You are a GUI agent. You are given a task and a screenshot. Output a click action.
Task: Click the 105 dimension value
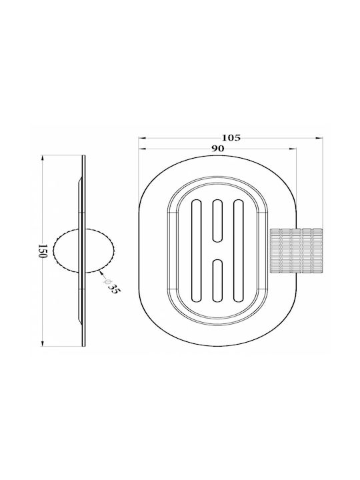pyautogui.click(x=231, y=138)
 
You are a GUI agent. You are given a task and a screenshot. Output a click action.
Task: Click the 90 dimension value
pyautogui.click(x=217, y=149)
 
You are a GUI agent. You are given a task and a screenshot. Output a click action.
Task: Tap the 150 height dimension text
pyautogui.click(x=43, y=251)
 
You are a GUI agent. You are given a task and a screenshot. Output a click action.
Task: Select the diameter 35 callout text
pyautogui.click(x=111, y=285)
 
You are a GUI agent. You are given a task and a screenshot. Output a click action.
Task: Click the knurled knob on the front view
pyautogui.click(x=296, y=251)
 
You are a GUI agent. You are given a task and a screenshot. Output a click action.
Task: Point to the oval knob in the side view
pyautogui.click(x=83, y=251)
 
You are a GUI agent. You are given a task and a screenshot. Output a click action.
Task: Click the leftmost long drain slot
pyautogui.click(x=197, y=251)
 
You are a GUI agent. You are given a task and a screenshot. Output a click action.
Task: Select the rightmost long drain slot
pyautogui.click(x=238, y=251)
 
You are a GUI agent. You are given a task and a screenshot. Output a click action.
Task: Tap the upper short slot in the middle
pyautogui.click(x=217, y=221)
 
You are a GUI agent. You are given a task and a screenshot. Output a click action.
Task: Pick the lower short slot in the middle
pyautogui.click(x=217, y=281)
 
